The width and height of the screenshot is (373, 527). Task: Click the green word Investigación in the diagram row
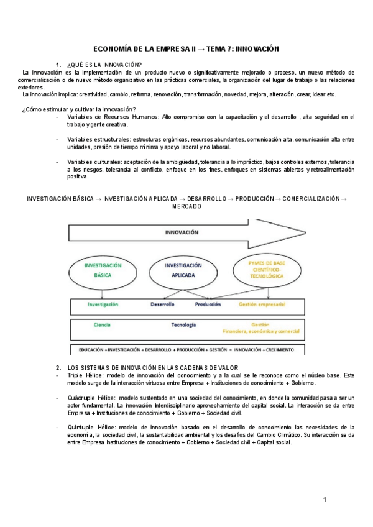[x=103, y=305]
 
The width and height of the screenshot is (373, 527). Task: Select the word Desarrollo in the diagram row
[x=162, y=305]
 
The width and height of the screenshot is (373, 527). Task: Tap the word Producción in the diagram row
[x=208, y=305]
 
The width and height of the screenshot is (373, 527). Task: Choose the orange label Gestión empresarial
[x=262, y=305]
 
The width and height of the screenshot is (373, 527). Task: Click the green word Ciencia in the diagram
[x=103, y=325]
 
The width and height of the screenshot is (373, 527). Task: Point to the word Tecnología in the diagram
[x=184, y=325]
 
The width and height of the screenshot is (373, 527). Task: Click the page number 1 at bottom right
[x=325, y=500]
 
